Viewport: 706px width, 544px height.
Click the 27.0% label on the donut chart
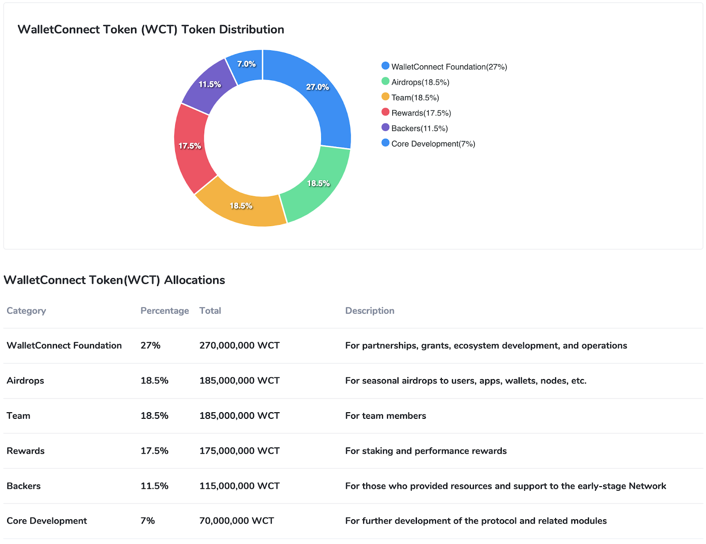coord(318,87)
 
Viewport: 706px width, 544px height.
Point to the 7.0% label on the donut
coord(246,64)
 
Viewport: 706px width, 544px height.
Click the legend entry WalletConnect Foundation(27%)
coord(449,67)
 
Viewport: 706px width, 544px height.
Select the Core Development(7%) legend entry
coord(433,144)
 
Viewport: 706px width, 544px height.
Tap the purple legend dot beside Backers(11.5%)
coord(385,127)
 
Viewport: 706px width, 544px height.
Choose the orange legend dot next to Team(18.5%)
coord(385,97)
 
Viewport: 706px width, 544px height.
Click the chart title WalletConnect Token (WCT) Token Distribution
coord(151,30)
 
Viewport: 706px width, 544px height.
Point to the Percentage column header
coord(165,311)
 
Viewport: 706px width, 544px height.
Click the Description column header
coord(370,311)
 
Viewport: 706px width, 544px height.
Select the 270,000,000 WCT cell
coord(240,346)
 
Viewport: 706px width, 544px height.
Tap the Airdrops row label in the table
coord(26,381)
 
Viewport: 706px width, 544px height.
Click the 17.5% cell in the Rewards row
coord(154,451)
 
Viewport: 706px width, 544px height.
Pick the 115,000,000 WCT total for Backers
coord(240,486)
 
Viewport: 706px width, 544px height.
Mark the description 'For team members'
coord(386,416)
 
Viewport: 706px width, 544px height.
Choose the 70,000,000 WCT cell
coord(237,521)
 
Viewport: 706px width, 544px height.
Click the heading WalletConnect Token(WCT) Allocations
coord(114,280)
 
